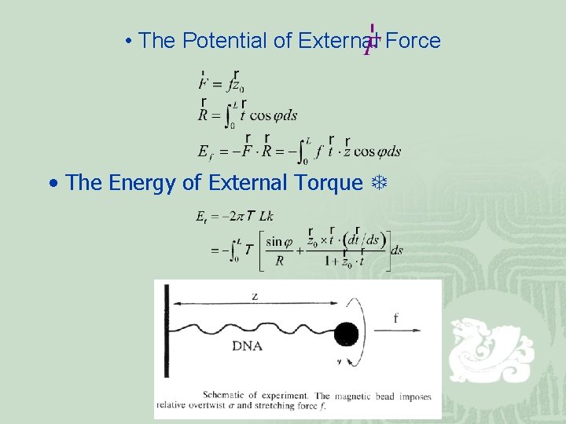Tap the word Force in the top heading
click(x=413, y=41)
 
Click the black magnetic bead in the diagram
click(x=345, y=335)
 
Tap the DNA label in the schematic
click(x=247, y=345)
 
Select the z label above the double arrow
click(x=255, y=295)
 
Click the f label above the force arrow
click(x=395, y=318)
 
